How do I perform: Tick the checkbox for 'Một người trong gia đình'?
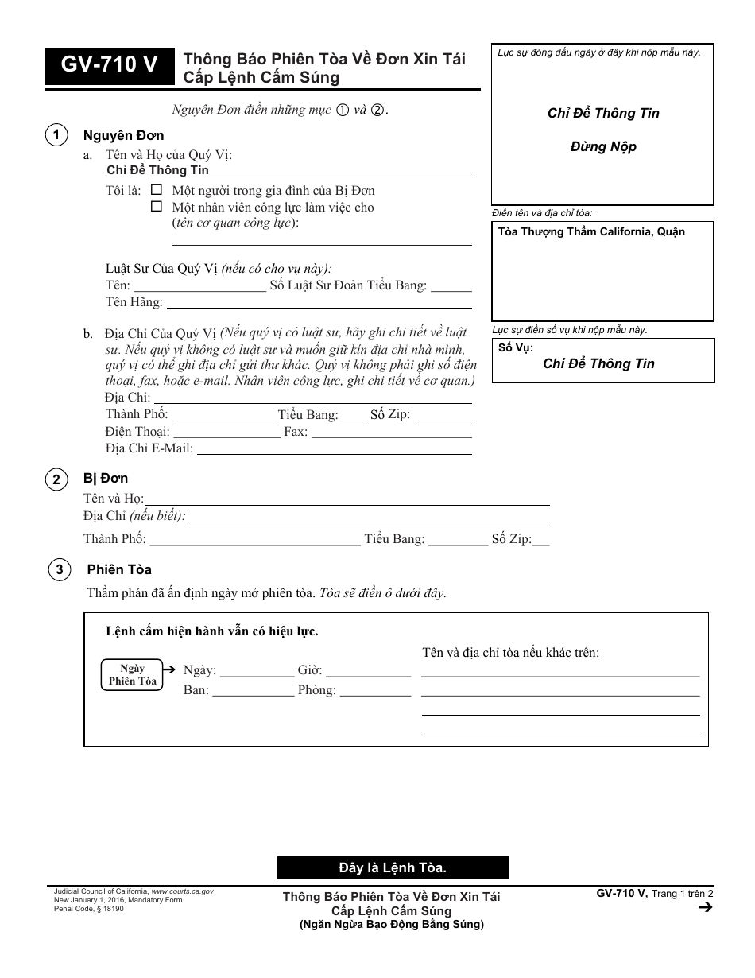coord(157,191)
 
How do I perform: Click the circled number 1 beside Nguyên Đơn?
coord(56,136)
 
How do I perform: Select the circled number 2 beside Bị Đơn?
coord(56,479)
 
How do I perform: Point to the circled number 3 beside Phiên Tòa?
coord(58,570)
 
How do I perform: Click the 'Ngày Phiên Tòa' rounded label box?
coord(132,674)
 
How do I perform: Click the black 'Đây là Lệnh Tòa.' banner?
coord(393,867)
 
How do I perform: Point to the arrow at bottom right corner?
coord(704,908)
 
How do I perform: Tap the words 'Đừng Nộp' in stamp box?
coord(603,147)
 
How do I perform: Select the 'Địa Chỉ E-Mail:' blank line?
coord(334,449)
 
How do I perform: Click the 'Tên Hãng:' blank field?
coord(319,303)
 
